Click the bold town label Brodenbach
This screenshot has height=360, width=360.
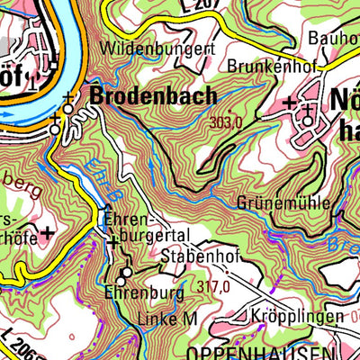point(153,94)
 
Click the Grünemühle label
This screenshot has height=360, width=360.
point(283,202)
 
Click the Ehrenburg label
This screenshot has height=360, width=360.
point(144,292)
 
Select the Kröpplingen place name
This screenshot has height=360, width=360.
point(298,317)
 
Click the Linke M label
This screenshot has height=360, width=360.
point(167,319)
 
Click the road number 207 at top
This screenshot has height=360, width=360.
point(207,5)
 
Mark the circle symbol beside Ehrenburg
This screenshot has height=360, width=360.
point(126,272)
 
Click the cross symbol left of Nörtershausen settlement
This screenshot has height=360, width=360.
point(288,104)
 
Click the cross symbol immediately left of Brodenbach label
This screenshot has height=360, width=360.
point(68,97)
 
